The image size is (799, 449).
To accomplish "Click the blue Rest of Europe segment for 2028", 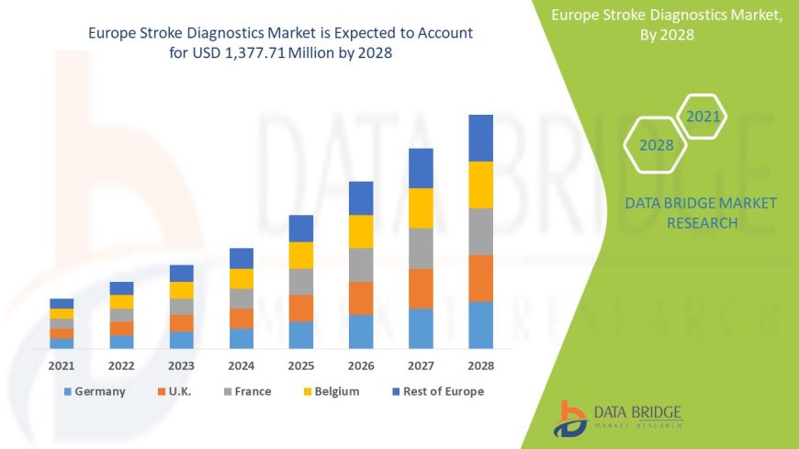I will coord(480,138).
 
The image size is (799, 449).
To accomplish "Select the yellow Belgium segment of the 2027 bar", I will coord(421,208).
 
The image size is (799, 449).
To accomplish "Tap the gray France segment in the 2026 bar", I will coord(361,264).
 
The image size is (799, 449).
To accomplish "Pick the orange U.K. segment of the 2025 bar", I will coord(301,308).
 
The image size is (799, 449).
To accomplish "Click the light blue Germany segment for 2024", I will coord(242,338).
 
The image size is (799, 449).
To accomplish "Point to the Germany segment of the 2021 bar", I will coord(62,343).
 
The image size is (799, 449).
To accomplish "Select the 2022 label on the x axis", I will coord(121,365).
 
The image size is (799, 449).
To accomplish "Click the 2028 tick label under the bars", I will coord(480,365).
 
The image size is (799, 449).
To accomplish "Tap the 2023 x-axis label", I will coord(182,365).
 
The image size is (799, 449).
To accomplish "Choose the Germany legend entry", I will coord(94,391).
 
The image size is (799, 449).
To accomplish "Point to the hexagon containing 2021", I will coord(702,117).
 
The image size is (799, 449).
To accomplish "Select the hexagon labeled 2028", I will coord(656,145).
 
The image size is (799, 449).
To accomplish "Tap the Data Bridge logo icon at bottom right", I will coord(570,418).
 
